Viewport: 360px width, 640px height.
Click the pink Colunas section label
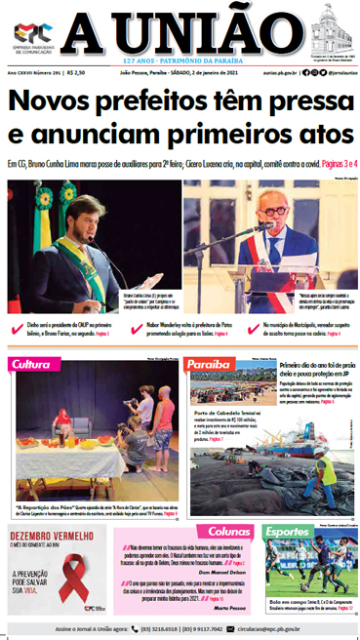(229, 532)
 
